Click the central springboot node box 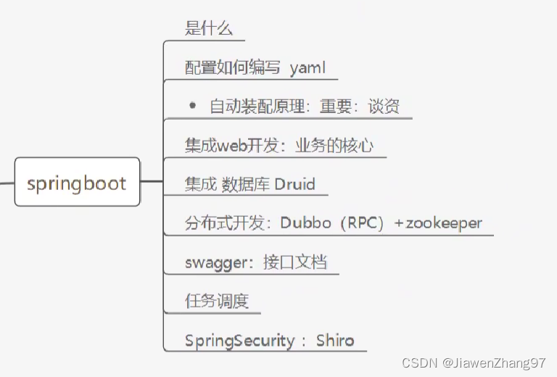pyautogui.click(x=77, y=182)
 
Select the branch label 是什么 pyautogui.click(x=209, y=29)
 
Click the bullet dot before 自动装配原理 pyautogui.click(x=192, y=105)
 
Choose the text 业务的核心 pyautogui.click(x=334, y=146)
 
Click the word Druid pyautogui.click(x=294, y=184)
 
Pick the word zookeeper pyautogui.click(x=443, y=223)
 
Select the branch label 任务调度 pyautogui.click(x=217, y=301)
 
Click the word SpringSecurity pyautogui.click(x=239, y=341)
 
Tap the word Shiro pyautogui.click(x=335, y=340)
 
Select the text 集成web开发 pyautogui.click(x=231, y=146)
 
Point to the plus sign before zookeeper pyautogui.click(x=398, y=223)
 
